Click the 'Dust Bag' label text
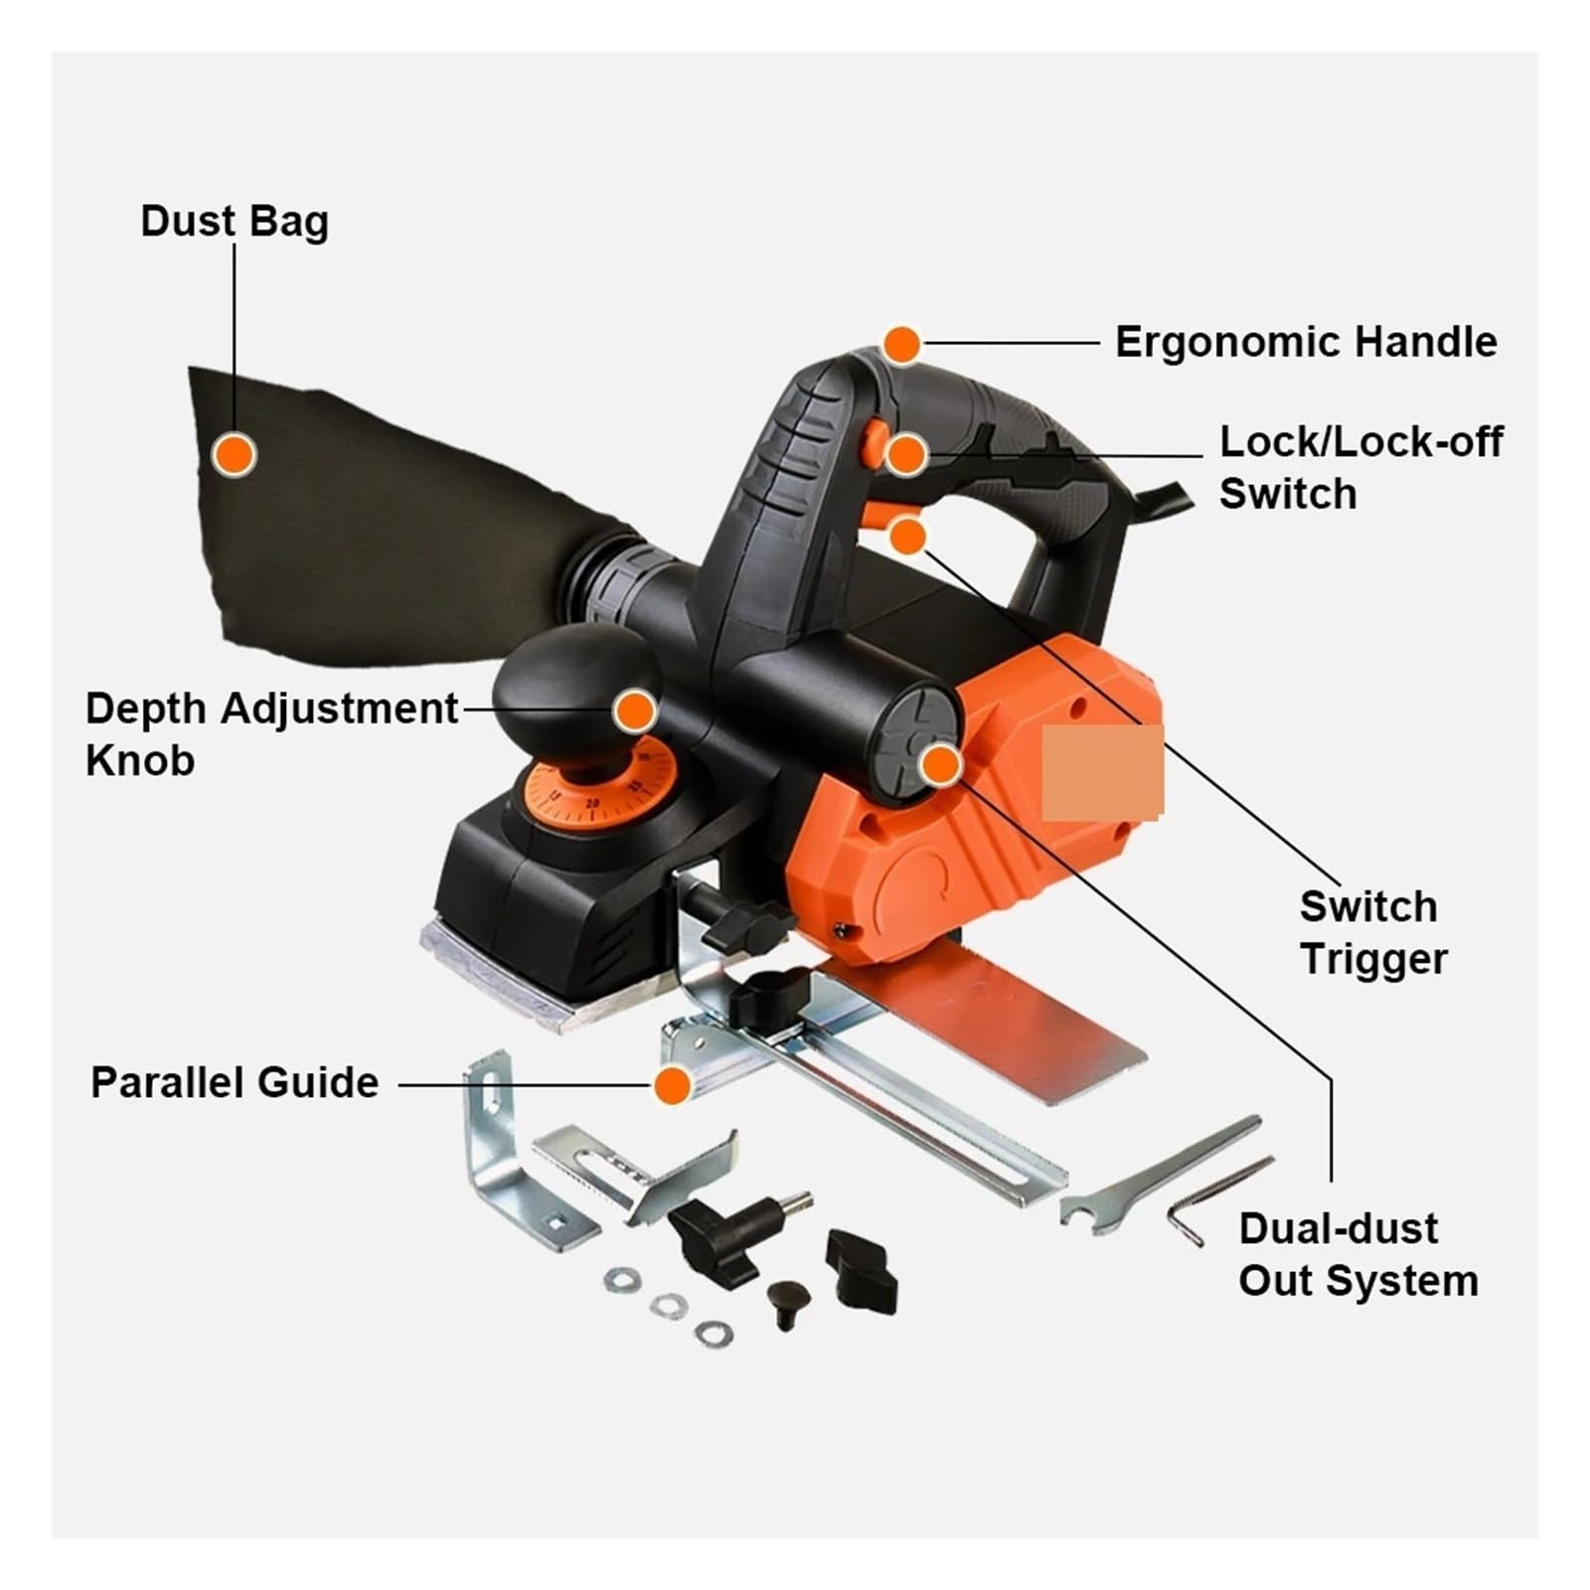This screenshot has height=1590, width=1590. [x=235, y=221]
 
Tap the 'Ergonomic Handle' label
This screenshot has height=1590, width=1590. [x=1306, y=342]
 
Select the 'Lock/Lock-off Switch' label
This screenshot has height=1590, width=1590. [x=1361, y=467]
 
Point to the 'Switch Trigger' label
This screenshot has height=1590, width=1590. [x=1373, y=932]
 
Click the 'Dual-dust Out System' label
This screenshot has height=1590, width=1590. [x=1358, y=1254]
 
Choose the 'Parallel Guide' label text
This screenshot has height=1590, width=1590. [x=235, y=1082]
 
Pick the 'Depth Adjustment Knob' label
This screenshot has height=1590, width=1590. [x=271, y=733]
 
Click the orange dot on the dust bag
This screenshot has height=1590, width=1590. [x=235, y=454]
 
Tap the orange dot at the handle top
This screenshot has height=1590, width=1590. [x=902, y=345]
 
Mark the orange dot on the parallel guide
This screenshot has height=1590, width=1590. [x=673, y=1085]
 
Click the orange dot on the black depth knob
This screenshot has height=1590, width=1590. [x=635, y=712]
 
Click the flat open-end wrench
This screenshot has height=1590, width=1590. [x=1159, y=1176]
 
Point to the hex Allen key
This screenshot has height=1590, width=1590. [x=1218, y=1198]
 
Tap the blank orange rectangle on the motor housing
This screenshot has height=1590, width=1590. [x=1102, y=773]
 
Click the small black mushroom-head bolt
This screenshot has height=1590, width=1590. [x=787, y=1304]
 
